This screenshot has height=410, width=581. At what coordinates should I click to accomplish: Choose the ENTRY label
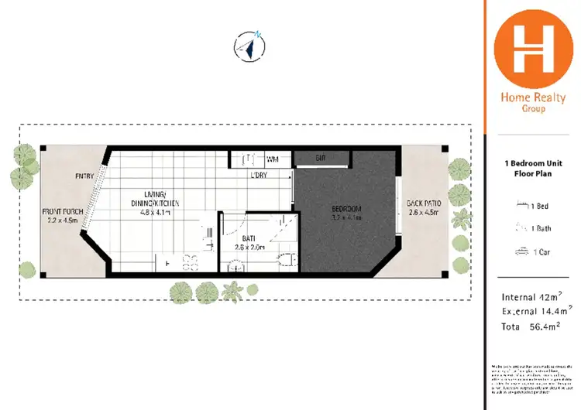(84, 176)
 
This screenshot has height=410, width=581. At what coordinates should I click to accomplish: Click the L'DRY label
(260, 176)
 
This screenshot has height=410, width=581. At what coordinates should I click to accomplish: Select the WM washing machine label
(272, 159)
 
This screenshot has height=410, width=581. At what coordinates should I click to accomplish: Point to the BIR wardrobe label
(320, 159)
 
